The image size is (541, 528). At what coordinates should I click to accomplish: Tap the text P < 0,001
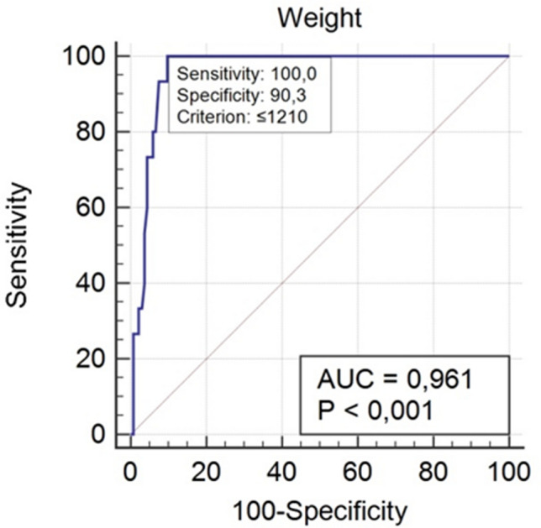click(375, 410)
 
